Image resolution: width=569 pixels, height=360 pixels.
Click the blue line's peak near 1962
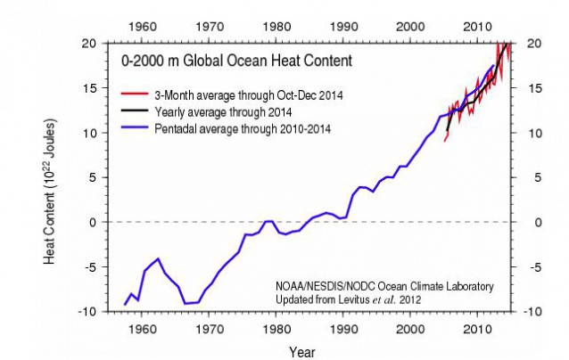(158, 258)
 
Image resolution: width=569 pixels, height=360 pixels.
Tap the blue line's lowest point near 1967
(186, 304)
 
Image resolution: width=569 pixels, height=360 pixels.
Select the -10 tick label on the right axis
(538, 311)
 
